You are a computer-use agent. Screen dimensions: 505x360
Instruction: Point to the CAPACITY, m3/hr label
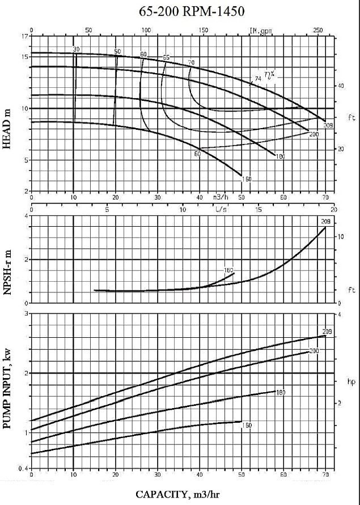179,494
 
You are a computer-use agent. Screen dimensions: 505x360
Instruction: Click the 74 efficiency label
258,79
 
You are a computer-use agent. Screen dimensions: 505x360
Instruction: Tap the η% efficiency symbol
269,74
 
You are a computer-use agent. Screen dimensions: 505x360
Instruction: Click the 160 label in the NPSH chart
228,270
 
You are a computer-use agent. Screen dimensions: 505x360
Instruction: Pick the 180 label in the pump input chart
279,392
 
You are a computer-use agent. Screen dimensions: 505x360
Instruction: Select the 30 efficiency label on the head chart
76,50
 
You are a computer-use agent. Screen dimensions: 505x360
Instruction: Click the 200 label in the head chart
314,134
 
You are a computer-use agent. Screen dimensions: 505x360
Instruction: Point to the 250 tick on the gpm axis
317,30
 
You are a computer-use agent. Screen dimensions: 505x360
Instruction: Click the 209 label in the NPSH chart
325,221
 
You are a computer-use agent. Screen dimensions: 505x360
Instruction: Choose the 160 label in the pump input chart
246,425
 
